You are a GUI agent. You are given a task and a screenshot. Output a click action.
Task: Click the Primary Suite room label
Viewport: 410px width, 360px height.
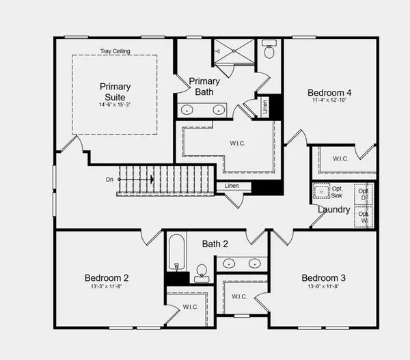click(115, 92)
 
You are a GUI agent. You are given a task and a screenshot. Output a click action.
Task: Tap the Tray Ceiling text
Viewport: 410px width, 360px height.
click(115, 51)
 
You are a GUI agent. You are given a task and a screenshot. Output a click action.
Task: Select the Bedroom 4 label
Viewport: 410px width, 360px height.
click(329, 93)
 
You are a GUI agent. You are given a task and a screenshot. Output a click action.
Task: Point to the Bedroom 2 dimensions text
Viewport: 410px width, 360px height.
click(106, 287)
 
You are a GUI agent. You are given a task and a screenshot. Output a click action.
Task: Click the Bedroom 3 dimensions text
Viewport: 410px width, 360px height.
click(323, 287)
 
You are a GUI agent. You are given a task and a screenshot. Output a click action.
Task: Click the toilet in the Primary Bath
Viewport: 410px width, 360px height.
click(269, 51)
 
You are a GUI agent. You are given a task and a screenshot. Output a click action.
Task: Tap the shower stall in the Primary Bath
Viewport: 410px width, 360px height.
click(234, 52)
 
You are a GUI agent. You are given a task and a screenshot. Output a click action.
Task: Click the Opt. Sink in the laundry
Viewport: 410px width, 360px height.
click(323, 191)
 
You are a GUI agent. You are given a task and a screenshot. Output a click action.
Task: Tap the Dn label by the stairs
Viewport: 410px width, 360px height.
click(109, 180)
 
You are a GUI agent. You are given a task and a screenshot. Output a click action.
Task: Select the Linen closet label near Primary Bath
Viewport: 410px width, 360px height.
click(266, 107)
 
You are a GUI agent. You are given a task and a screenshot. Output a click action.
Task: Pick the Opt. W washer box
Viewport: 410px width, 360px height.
click(364, 217)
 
